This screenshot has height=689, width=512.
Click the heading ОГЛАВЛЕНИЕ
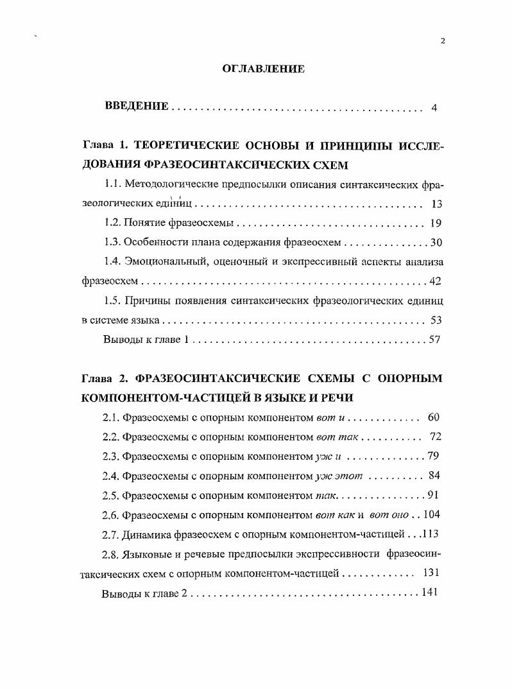click(x=263, y=69)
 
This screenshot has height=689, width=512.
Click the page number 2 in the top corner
click(x=443, y=41)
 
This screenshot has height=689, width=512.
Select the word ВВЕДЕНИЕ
click(x=137, y=106)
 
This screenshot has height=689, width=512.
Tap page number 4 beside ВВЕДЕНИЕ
click(x=434, y=107)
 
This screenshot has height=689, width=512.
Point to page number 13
click(x=436, y=204)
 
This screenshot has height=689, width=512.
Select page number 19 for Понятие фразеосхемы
click(x=436, y=223)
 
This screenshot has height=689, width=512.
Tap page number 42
click(x=435, y=281)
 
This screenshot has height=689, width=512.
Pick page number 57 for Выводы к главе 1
click(x=434, y=339)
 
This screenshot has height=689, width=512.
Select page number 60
click(x=433, y=418)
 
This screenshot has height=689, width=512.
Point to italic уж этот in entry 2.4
click(x=339, y=476)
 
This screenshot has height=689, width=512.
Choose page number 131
click(x=431, y=573)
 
